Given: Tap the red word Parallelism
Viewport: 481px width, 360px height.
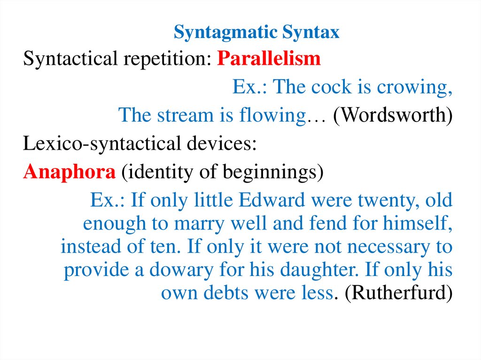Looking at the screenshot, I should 269,59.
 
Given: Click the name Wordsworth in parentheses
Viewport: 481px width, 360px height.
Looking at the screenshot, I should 393,115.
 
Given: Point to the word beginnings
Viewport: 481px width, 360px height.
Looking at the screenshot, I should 272,173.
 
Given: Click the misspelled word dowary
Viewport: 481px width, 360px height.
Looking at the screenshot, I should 177,270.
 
